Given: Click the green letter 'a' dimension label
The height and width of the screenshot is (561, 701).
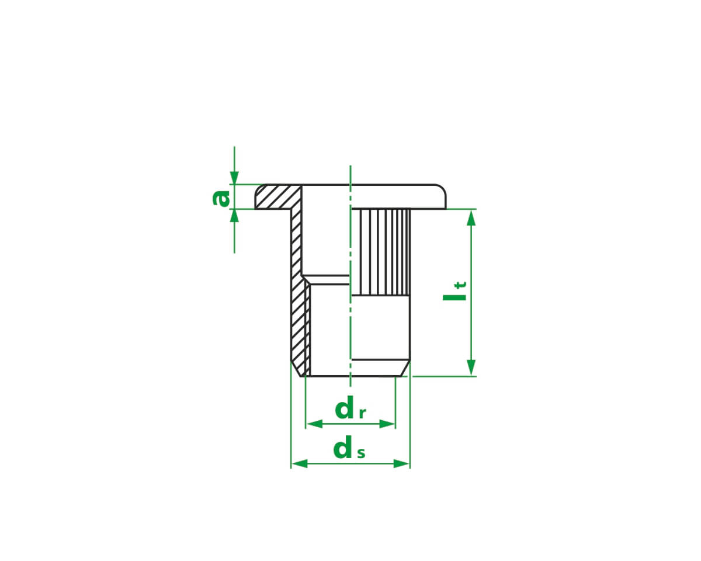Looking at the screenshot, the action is point(221,199).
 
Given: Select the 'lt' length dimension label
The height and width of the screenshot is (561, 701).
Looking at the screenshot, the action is point(454,291).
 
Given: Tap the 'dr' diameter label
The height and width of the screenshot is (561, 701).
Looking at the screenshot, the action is point(350,408).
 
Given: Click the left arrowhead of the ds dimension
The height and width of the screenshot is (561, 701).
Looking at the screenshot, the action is point(299,463).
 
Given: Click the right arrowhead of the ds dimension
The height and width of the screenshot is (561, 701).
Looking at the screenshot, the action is point(401,463).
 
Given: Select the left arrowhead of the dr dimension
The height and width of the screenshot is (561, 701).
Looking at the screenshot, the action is point(314,424).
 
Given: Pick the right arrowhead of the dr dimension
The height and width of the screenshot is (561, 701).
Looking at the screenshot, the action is point(387,424).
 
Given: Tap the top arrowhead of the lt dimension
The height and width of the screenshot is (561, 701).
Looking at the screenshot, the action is point(471,218).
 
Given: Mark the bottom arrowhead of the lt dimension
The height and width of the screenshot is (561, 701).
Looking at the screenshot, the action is point(471,368).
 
